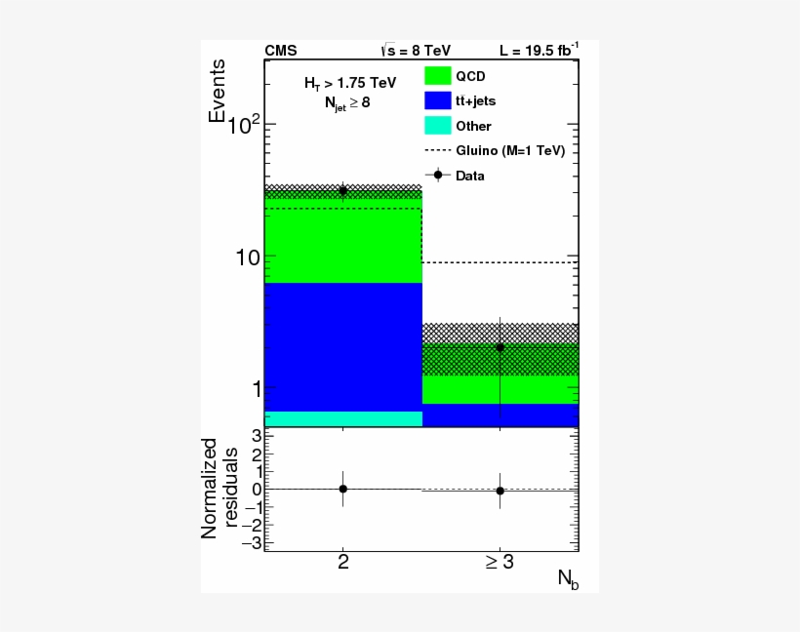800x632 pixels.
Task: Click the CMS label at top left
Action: tap(281, 51)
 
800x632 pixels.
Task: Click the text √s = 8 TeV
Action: tap(416, 51)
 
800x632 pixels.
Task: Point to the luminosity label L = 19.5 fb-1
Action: tap(539, 51)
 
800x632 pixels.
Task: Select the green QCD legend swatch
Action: tap(437, 75)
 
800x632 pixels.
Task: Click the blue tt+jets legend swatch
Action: tap(437, 99)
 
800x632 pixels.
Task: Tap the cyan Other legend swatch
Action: tap(437, 125)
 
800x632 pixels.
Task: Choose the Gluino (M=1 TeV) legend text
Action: tap(510, 151)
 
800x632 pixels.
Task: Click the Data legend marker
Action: tap(438, 176)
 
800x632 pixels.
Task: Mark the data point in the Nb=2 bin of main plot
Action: tap(342, 191)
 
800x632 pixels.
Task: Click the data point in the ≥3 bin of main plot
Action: tap(500, 347)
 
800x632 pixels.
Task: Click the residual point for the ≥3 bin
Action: tap(500, 491)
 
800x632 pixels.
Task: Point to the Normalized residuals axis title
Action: tap(220, 488)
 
